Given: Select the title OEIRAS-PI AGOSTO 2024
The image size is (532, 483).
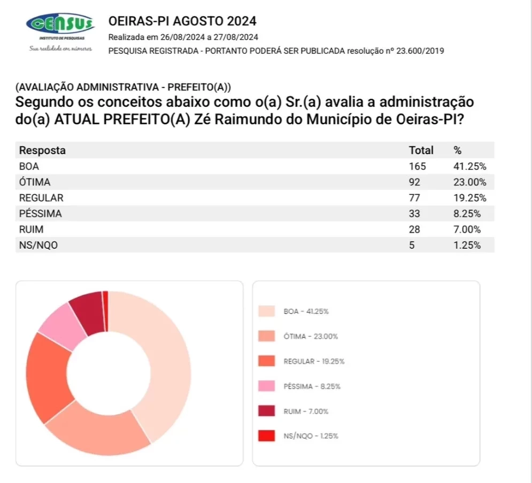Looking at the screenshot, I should [x=182, y=21].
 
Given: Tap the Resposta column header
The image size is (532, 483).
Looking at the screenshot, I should [x=42, y=151].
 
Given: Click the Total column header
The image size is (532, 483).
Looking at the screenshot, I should [x=421, y=151].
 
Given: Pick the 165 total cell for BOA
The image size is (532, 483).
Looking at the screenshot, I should [x=418, y=166].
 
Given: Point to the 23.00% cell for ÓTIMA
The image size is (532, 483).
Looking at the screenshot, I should [x=469, y=182].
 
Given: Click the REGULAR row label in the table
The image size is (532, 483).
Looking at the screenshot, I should [x=41, y=198].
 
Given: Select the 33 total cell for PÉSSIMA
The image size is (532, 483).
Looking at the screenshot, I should [x=414, y=214].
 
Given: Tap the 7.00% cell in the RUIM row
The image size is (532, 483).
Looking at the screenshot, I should [x=467, y=229].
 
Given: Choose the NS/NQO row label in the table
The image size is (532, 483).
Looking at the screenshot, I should [x=39, y=246].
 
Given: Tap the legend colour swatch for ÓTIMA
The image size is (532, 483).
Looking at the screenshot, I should [x=266, y=336].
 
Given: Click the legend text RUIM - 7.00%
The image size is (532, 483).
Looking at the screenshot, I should [x=306, y=411].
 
